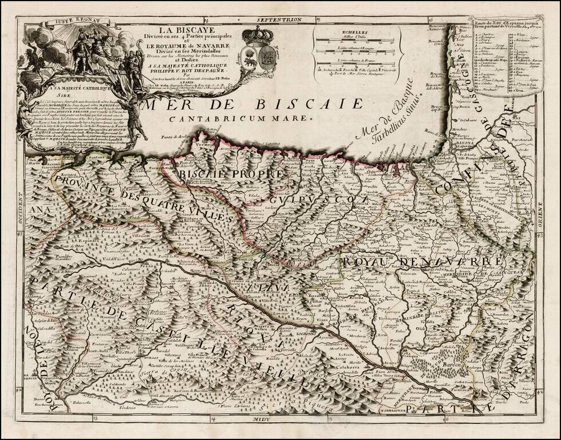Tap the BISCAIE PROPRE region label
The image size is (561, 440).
(231, 174)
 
